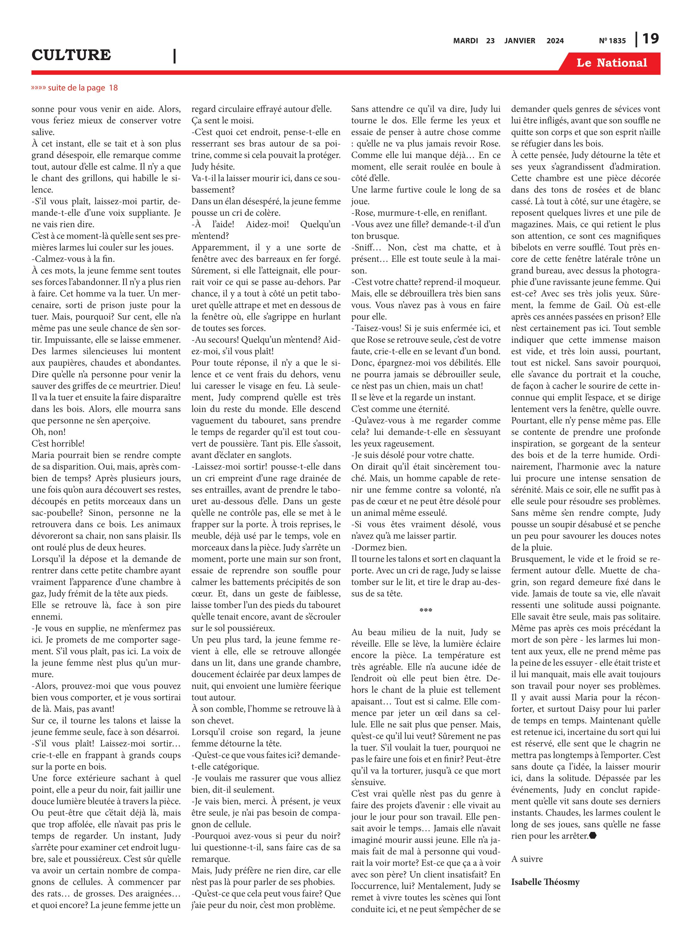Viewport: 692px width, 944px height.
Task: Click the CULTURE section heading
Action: (x=71, y=55)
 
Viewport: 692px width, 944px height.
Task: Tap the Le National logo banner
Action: (x=611, y=63)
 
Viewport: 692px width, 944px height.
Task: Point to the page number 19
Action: (x=650, y=39)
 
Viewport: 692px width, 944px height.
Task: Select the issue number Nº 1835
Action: (x=612, y=41)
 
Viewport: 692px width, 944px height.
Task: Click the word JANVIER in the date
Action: (x=519, y=41)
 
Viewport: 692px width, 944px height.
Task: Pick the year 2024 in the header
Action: (x=555, y=41)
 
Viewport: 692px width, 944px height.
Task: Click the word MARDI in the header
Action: (x=466, y=41)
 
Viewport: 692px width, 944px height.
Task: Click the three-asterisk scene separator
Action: (x=426, y=610)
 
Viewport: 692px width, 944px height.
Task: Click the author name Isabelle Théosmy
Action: (x=545, y=882)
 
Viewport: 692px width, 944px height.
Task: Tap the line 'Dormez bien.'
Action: (x=373, y=547)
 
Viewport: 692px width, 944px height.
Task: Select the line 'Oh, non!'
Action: (x=48, y=432)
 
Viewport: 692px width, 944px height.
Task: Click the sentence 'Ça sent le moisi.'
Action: (x=222, y=121)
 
